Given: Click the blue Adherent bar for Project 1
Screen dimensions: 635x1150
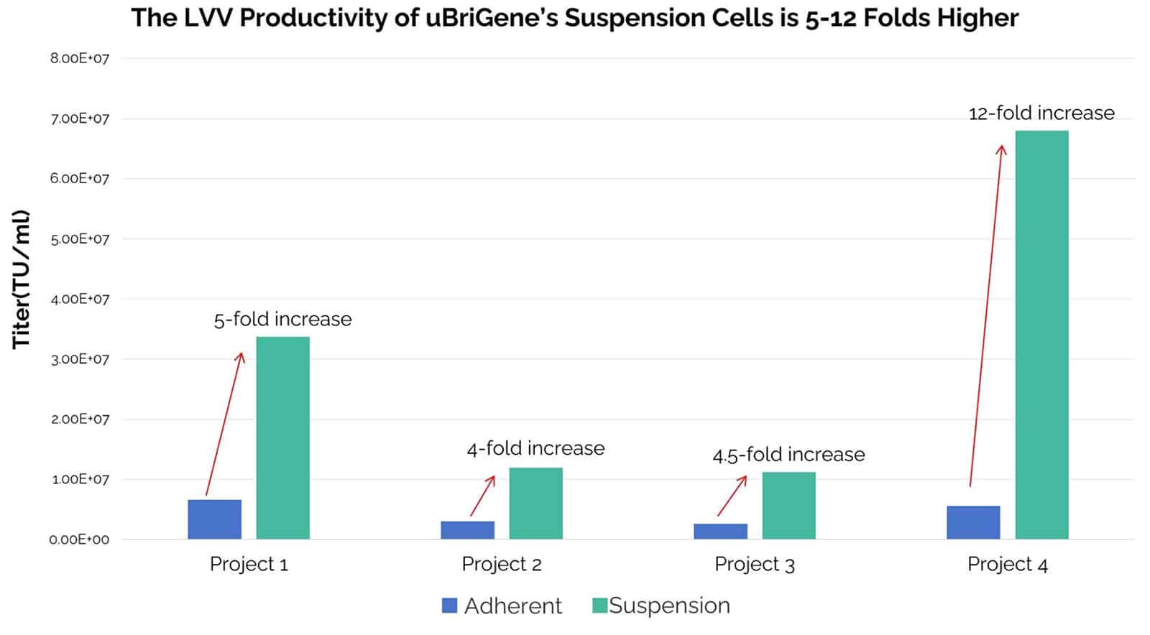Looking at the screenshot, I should [214, 519].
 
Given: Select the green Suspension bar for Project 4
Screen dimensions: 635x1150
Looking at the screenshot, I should [1041, 335].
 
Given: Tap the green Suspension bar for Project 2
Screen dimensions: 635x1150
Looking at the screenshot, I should [535, 503].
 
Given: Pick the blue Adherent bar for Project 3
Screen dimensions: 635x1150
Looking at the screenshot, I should [720, 531].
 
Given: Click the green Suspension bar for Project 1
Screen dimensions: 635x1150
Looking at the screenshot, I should [282, 437].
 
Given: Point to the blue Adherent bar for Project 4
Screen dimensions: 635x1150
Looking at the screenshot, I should [972, 522].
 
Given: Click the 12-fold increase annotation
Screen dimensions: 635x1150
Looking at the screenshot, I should [1041, 113].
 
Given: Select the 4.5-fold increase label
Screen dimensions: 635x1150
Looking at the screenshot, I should [788, 455].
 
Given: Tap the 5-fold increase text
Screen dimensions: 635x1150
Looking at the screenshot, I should [282, 319].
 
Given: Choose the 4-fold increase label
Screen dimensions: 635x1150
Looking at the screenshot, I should [535, 448].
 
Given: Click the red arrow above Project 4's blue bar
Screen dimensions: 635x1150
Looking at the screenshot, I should [986, 316].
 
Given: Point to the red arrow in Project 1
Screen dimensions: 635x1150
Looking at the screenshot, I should [224, 424].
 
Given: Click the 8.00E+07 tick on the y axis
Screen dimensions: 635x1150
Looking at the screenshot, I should [80, 59].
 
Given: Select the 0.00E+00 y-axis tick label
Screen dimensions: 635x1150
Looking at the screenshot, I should [80, 539].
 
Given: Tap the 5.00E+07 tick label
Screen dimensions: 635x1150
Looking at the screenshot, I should [80, 239].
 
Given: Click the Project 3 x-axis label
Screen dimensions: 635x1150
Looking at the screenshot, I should [754, 565].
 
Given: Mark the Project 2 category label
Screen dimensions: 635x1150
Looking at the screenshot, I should [501, 565].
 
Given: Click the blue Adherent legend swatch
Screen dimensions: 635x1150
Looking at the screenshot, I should [449, 606].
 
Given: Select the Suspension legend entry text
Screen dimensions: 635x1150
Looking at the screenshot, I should [669, 606].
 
